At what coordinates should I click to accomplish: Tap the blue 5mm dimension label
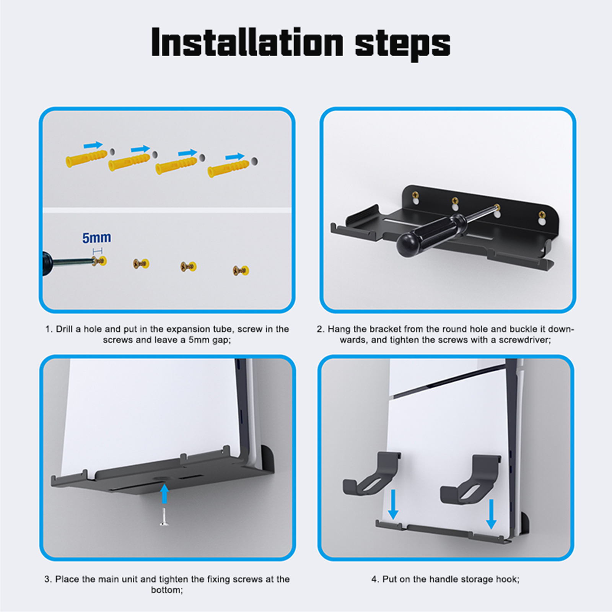click(97, 238)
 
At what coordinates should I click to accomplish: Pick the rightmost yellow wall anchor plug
click(228, 169)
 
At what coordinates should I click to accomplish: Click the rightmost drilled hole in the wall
click(254, 161)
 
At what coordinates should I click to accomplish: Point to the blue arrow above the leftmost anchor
click(93, 145)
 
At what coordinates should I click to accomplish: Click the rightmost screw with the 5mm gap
click(241, 271)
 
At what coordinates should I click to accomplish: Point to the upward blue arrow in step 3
click(164, 493)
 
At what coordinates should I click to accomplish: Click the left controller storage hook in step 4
click(371, 473)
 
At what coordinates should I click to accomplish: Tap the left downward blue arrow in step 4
click(393, 505)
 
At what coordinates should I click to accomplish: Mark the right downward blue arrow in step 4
click(491, 514)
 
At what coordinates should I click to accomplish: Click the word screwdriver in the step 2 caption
click(524, 340)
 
